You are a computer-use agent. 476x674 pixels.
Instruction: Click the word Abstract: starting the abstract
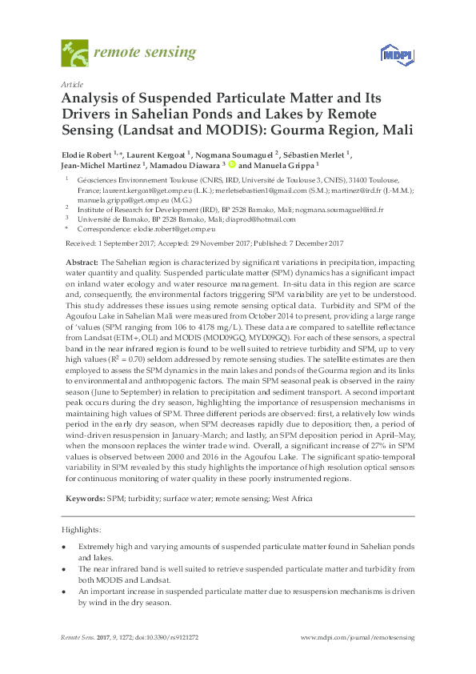pyautogui.click(x=80, y=263)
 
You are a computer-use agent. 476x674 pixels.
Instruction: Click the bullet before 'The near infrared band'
pyautogui.click(x=64, y=568)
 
